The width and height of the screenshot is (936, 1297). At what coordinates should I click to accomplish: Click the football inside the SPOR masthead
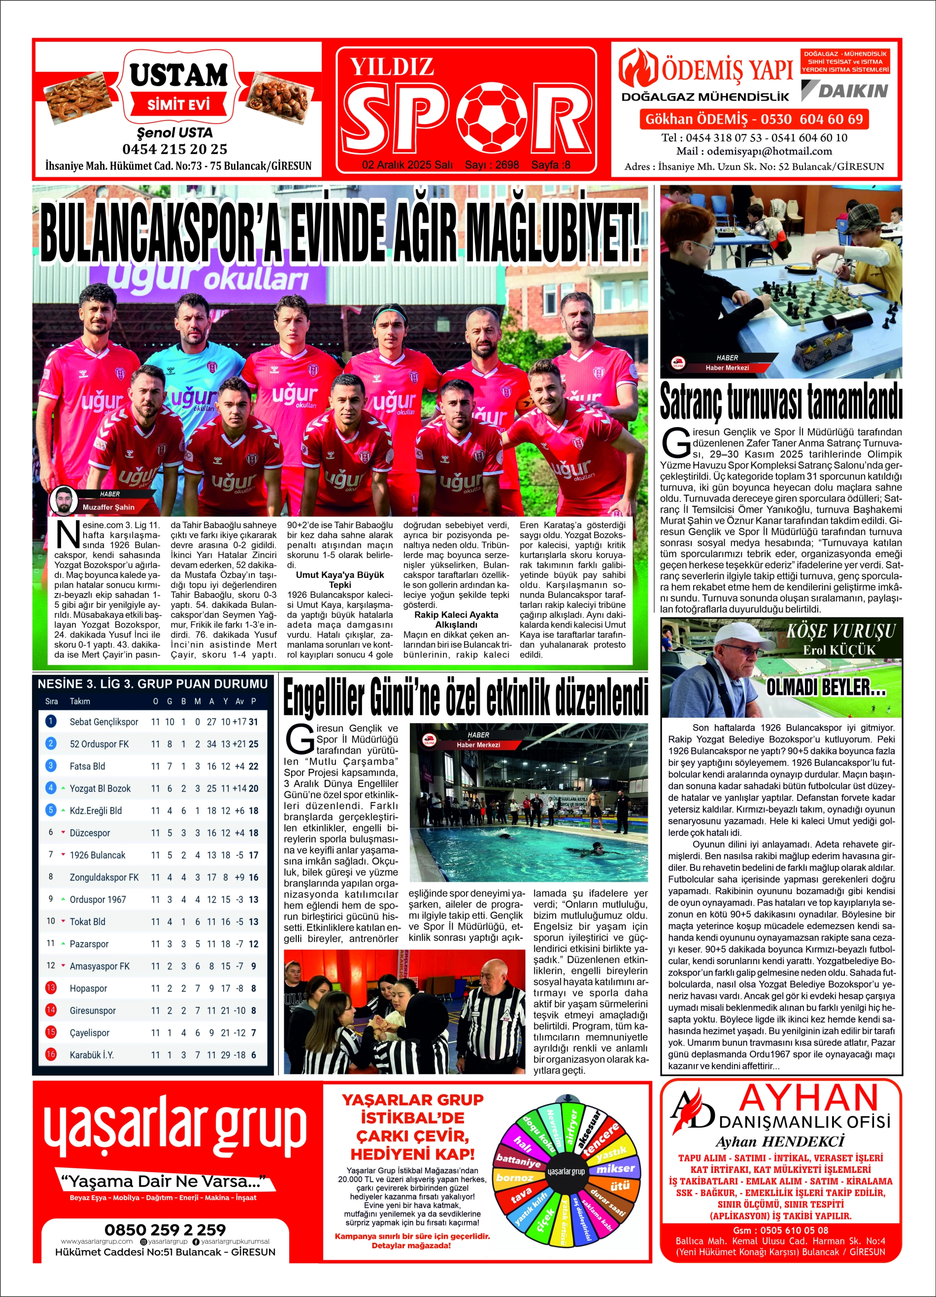(x=495, y=117)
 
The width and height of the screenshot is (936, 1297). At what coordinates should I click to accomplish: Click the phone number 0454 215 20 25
(x=174, y=149)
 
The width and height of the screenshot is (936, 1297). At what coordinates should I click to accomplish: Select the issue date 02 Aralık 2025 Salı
(x=407, y=165)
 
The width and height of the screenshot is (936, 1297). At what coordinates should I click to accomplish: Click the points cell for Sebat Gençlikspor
(x=253, y=722)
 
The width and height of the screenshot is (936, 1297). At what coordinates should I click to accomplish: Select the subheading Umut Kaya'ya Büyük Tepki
(x=339, y=579)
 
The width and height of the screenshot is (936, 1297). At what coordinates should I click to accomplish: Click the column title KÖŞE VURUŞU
(x=840, y=632)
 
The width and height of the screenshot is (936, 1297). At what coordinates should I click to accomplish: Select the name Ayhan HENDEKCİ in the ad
(x=780, y=1141)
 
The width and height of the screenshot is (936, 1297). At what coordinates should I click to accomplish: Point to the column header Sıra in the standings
(x=51, y=701)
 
